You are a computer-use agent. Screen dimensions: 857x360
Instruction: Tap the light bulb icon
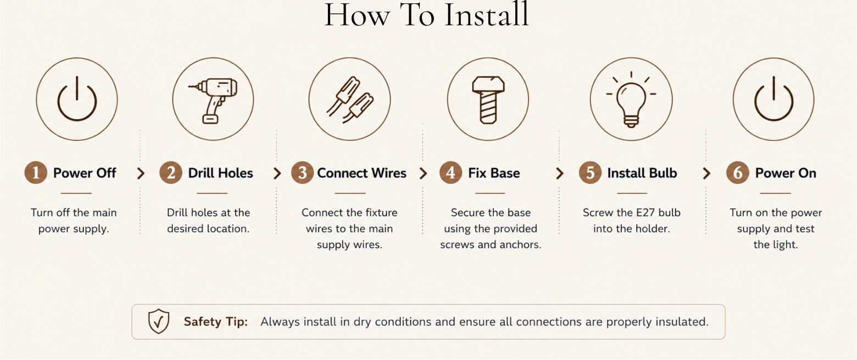631,100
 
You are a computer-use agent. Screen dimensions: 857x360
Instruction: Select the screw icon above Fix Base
488,100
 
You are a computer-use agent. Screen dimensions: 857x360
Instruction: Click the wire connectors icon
350,100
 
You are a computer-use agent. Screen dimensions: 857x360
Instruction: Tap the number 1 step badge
36,173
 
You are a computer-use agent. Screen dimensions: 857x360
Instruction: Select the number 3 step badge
302,173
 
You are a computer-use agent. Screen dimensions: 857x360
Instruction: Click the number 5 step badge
590,173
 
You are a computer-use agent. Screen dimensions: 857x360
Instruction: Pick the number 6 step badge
738,173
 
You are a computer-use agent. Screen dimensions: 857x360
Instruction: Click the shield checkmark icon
158,322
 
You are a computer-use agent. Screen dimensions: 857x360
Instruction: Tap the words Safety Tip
216,322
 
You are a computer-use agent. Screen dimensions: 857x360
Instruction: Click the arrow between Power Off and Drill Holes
141,173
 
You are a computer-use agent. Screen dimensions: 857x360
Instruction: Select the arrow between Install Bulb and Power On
706,173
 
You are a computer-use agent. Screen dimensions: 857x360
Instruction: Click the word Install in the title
487,15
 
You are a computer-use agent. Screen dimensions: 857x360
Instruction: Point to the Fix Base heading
494,173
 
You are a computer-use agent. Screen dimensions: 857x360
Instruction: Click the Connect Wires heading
361,173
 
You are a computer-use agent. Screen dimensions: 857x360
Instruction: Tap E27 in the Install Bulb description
647,213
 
